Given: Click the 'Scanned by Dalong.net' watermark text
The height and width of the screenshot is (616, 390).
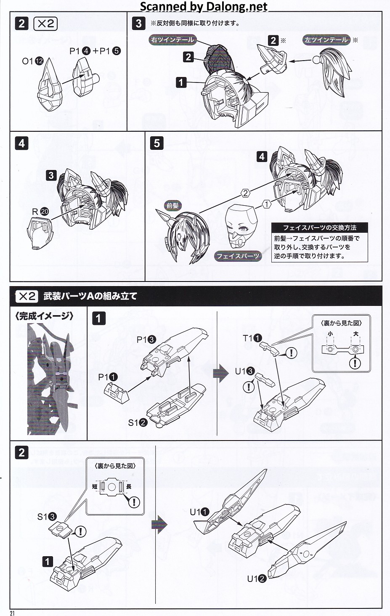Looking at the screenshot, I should [x=204, y=6].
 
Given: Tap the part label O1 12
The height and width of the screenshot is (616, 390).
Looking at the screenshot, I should [x=32, y=61].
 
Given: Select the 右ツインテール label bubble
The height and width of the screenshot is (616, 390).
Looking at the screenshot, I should [x=172, y=40].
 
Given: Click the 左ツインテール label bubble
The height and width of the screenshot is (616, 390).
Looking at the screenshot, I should [x=326, y=40].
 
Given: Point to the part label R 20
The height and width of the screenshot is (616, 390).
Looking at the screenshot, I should [x=40, y=212].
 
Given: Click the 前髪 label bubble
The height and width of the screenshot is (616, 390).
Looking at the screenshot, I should [x=172, y=205].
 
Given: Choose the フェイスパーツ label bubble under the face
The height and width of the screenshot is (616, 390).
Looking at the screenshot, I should [x=238, y=256].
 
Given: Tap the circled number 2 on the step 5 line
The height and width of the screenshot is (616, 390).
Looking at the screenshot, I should [x=245, y=193].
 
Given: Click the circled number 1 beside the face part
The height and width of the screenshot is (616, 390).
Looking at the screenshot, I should [x=267, y=204].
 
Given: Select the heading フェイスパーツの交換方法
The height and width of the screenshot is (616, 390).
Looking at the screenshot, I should [x=320, y=228].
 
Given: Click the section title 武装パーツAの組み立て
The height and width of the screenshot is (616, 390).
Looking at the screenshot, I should [x=90, y=296].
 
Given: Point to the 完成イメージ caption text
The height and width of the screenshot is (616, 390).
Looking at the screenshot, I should [x=44, y=316].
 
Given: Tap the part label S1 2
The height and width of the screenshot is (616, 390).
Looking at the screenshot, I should [x=138, y=422].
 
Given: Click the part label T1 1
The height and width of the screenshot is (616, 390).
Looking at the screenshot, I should [x=252, y=338].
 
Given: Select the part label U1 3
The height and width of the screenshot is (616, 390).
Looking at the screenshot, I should [x=244, y=371].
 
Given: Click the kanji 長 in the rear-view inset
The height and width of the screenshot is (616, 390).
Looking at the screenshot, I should [x=129, y=486].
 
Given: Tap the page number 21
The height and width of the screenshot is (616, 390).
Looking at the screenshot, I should [x=12, y=613].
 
